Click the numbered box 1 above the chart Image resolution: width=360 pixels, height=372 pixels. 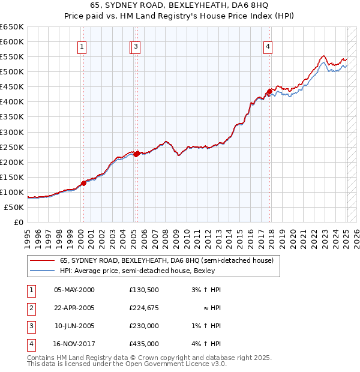(x=81, y=47)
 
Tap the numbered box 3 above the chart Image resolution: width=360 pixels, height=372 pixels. (x=136, y=47)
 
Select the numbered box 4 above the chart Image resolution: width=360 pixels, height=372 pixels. (x=268, y=47)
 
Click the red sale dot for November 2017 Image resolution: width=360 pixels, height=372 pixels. (x=271, y=91)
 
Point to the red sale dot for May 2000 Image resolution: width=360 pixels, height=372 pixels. (x=84, y=183)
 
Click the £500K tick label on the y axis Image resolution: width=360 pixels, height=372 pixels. (x=13, y=72)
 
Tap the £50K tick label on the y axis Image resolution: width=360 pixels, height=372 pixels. (x=15, y=207)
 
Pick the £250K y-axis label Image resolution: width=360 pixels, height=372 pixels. (x=13, y=147)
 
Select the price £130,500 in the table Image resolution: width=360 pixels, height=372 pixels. (x=144, y=289)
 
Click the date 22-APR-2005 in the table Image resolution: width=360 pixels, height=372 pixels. (x=74, y=308)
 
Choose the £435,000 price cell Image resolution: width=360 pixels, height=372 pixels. (x=144, y=344)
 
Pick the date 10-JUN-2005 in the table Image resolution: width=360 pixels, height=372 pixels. (x=74, y=326)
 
